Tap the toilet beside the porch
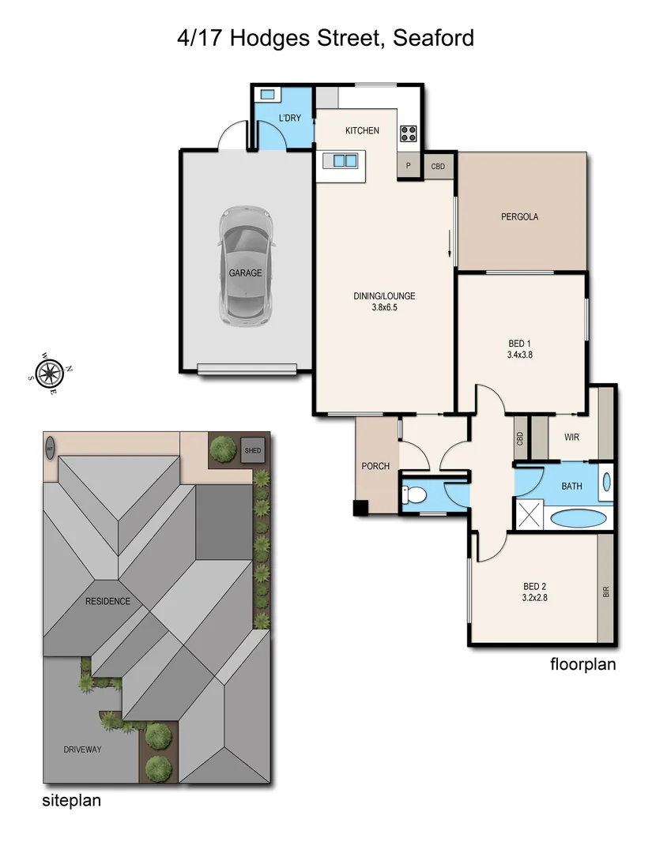tap(413, 495)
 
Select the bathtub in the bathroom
tap(579, 518)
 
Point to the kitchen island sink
tap(345, 161)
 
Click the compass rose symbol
tap(49, 372)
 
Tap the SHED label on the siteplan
tap(252, 450)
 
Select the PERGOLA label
tap(519, 216)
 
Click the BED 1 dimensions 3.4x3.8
tap(518, 355)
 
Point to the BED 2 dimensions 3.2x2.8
tap(535, 598)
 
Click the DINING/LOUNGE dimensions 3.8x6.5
tap(384, 307)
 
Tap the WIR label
tap(572, 437)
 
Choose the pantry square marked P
tap(409, 167)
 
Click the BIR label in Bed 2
tap(606, 590)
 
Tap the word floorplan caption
tap(582, 664)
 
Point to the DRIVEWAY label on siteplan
tap(83, 749)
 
